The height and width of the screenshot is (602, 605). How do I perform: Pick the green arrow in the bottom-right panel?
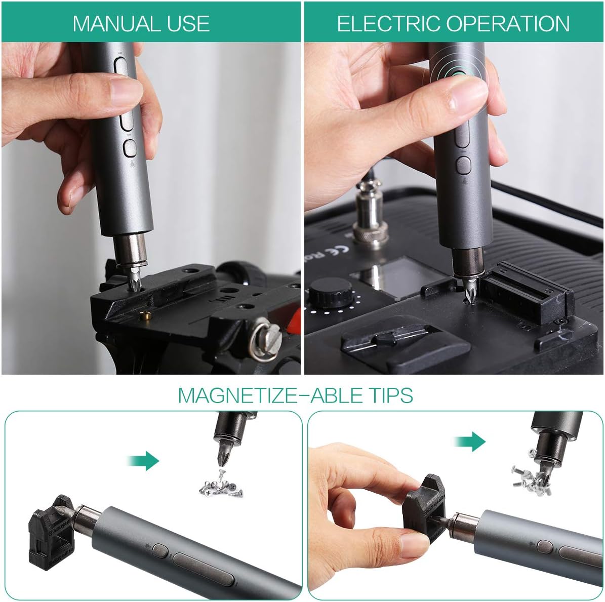[x=470, y=441]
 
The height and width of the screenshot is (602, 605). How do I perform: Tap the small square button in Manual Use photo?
[x=130, y=148]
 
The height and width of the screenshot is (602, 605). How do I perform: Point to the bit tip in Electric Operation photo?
[x=469, y=292]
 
